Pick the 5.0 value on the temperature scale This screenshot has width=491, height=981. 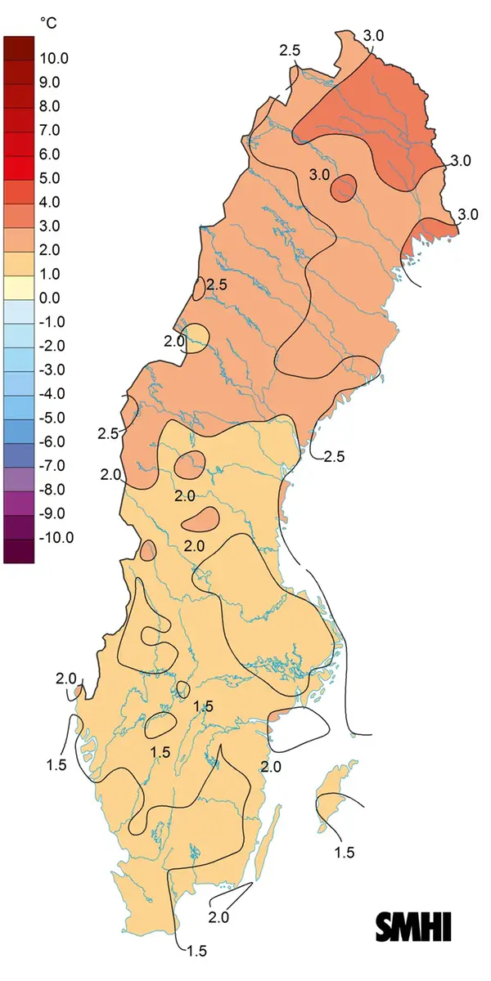(x=50, y=177)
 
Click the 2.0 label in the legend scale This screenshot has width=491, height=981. (x=50, y=249)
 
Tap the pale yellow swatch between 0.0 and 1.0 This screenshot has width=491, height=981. (x=19, y=286)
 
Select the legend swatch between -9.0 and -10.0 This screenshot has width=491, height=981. (x=19, y=526)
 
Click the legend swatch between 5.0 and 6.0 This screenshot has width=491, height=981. (x=19, y=166)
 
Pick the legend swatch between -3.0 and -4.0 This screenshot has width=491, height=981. (x=19, y=382)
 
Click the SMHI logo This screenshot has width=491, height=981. (x=414, y=926)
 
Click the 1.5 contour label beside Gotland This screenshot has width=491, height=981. (x=345, y=853)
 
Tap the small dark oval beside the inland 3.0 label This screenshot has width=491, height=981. (x=344, y=188)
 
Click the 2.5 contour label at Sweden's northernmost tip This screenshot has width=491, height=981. (x=290, y=51)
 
